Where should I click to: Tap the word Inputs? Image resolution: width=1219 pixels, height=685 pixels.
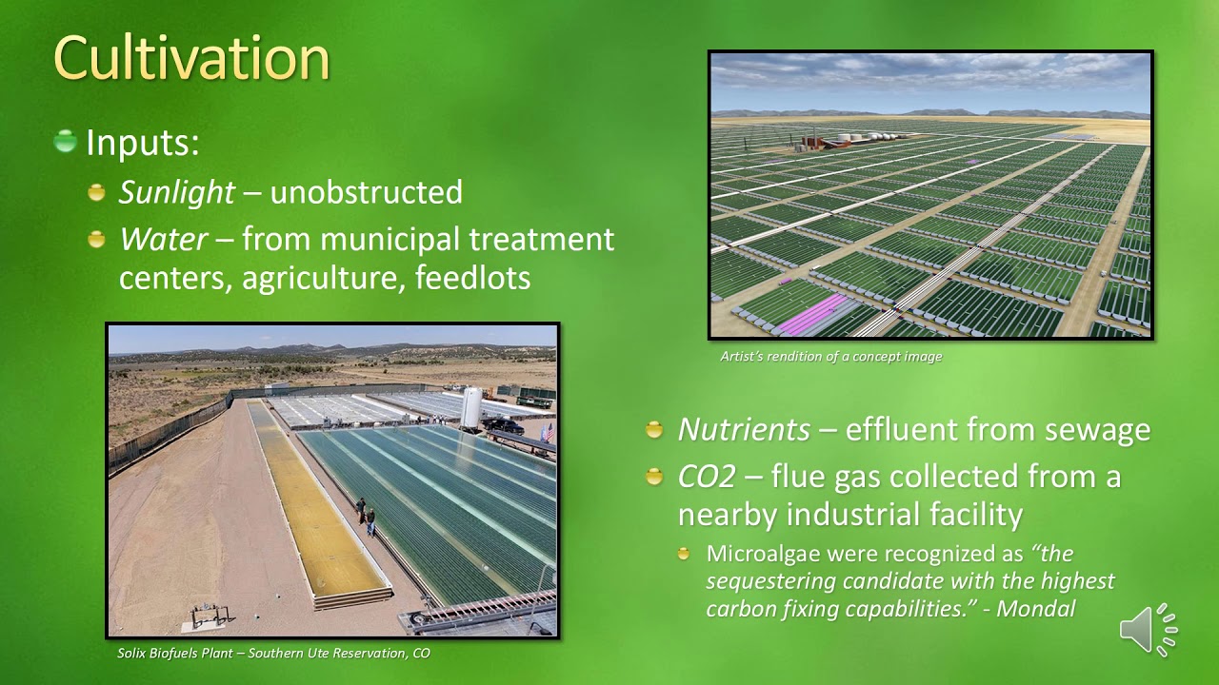point(142,143)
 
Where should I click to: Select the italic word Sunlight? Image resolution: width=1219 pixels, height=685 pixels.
point(176,192)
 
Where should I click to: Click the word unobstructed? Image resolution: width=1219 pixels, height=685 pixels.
point(366,192)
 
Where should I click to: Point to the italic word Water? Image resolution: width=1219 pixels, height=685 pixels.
point(163,239)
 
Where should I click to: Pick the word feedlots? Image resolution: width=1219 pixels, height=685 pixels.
point(472,279)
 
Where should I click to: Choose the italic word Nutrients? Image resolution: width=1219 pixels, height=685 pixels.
point(743,430)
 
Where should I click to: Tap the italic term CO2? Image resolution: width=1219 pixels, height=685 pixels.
point(706,476)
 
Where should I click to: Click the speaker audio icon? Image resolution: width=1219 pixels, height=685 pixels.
point(1148,629)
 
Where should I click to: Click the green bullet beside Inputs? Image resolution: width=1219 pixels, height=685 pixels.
point(66,142)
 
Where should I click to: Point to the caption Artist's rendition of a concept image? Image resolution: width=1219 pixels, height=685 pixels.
point(830,357)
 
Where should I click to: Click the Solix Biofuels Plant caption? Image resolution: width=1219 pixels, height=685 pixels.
point(273,654)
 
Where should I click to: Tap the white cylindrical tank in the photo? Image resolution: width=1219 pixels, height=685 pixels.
point(471,408)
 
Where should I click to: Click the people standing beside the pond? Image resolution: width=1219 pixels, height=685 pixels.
point(365,517)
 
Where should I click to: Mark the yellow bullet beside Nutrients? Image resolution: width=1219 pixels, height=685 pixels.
point(654,430)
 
